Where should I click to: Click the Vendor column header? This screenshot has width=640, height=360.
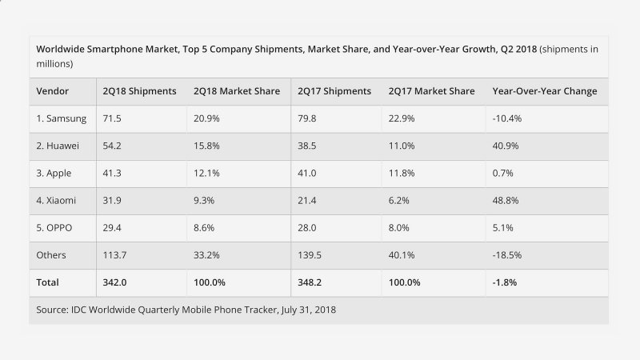(52, 91)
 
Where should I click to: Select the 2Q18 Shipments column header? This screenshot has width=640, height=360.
(139, 91)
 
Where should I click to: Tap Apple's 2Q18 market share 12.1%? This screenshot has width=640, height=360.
(208, 173)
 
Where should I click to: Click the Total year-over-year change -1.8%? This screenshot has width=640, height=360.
(499, 282)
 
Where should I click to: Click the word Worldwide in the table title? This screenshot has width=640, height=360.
(63, 48)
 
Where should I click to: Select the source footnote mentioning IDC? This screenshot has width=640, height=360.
(186, 309)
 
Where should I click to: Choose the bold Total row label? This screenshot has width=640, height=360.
(49, 282)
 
